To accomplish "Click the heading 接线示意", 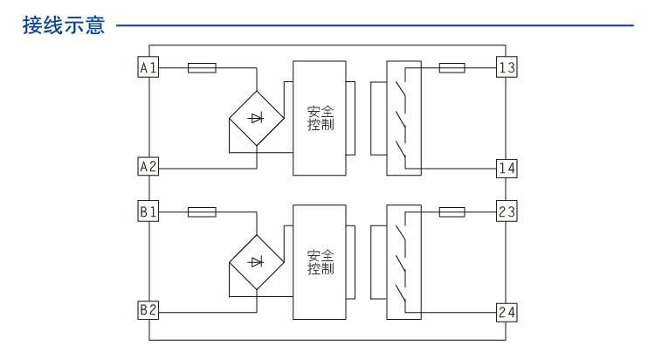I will point(64,25).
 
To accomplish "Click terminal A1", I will point(148,67).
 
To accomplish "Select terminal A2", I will point(148,166).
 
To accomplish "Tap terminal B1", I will point(148,211).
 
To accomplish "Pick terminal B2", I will point(148,310).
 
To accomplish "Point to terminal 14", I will point(507,167).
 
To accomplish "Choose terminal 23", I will point(507,211).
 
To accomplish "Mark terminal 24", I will point(507,311).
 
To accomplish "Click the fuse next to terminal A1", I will point(202,67).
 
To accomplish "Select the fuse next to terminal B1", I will point(202,211).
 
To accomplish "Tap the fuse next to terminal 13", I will point(452,67).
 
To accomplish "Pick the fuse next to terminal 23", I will point(452,211).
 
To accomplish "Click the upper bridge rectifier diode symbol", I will point(256,117).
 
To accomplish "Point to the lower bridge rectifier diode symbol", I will point(256,261).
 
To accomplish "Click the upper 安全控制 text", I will point(321,118).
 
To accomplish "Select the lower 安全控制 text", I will point(321,262).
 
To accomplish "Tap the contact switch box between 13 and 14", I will point(403,117).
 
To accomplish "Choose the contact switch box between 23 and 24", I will point(403,261).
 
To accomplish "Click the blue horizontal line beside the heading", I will point(376,25).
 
